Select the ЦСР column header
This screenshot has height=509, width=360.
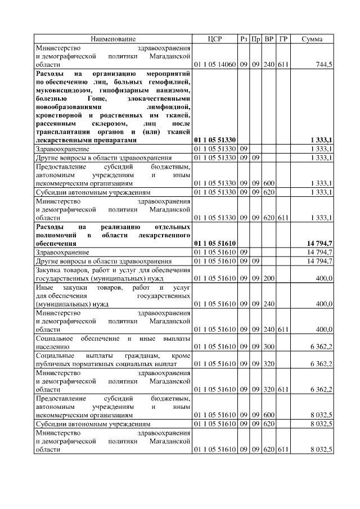point(215,39)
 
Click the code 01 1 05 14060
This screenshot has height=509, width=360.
point(215,65)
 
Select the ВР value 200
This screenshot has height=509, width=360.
point(269,278)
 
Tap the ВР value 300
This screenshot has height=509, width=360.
point(269,347)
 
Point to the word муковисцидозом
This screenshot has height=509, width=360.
point(61,91)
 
